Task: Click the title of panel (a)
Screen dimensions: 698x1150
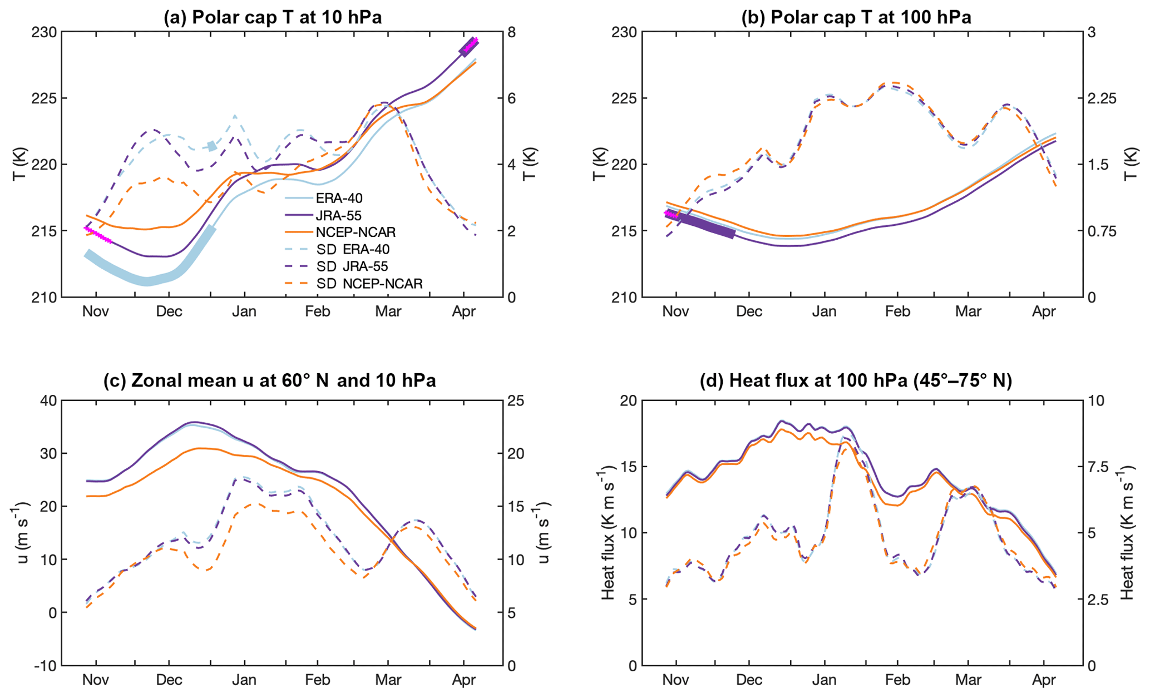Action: click(273, 17)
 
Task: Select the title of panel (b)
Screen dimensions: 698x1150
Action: click(856, 17)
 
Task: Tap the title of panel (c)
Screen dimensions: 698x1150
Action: click(270, 380)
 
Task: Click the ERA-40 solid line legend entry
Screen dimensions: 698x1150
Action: click(339, 198)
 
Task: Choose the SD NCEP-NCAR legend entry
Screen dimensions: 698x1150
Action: click(369, 284)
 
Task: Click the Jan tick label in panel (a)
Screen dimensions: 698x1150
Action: click(244, 311)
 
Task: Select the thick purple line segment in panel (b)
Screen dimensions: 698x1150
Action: click(704, 226)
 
